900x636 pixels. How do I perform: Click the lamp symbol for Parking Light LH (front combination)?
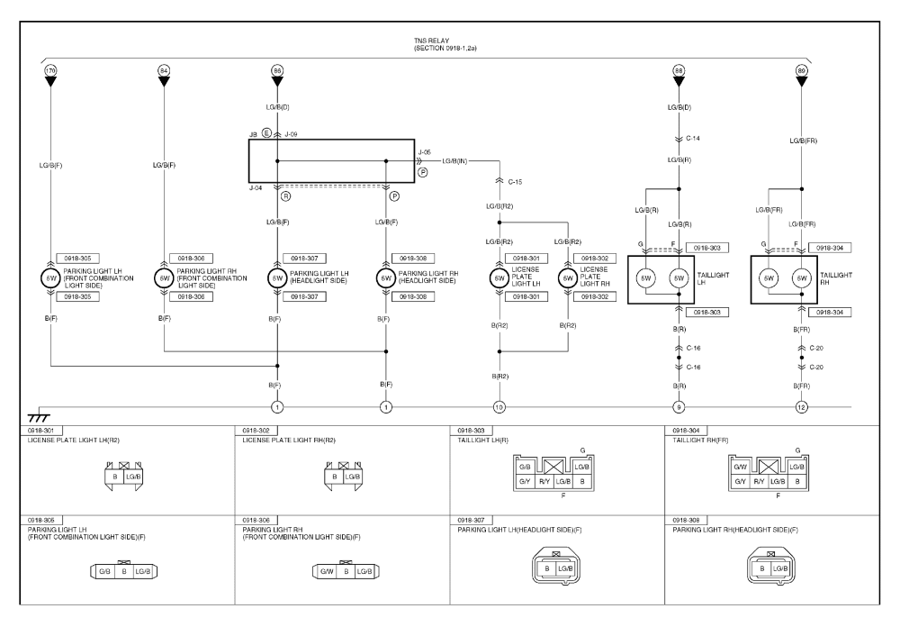(50, 278)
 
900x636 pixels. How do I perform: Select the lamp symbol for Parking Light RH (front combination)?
(163, 278)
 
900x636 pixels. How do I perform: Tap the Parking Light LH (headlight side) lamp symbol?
(276, 278)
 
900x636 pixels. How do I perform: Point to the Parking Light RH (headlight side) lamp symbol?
(385, 278)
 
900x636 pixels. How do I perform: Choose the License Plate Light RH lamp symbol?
(567, 278)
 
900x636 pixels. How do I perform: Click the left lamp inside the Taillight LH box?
(646, 279)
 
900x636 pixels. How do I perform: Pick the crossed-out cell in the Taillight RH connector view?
(768, 468)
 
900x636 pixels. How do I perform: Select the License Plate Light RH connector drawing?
(345, 476)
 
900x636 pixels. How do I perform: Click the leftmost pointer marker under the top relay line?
(50, 71)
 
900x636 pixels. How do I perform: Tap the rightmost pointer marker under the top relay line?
(801, 71)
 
